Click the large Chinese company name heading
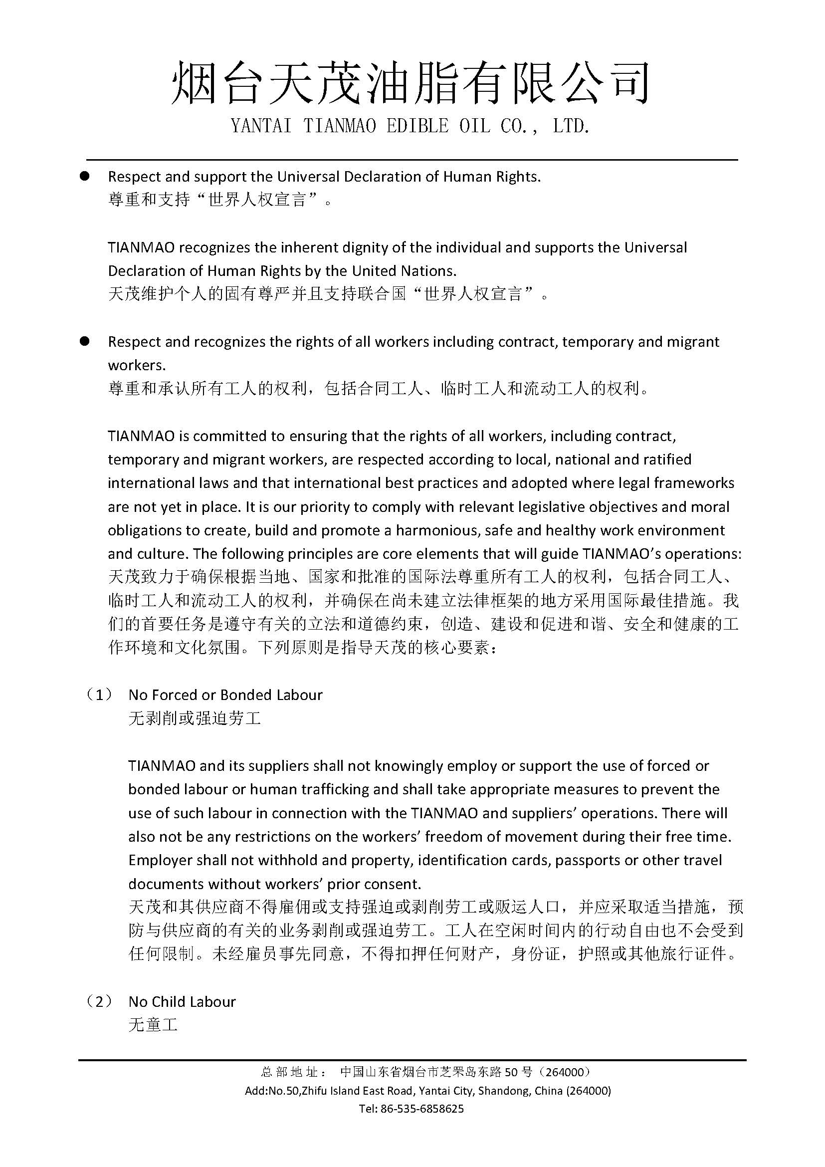pyautogui.click(x=411, y=82)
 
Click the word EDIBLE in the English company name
pyautogui.click(x=417, y=126)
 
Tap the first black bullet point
pyautogui.click(x=85, y=176)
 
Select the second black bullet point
pyautogui.click(x=85, y=341)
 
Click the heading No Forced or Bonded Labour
pyautogui.click(x=225, y=695)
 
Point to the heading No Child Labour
pyautogui.click(x=182, y=1001)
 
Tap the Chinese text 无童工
pyautogui.click(x=153, y=1025)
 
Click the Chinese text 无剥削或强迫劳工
pyautogui.click(x=195, y=718)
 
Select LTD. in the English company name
pyautogui.click(x=571, y=126)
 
